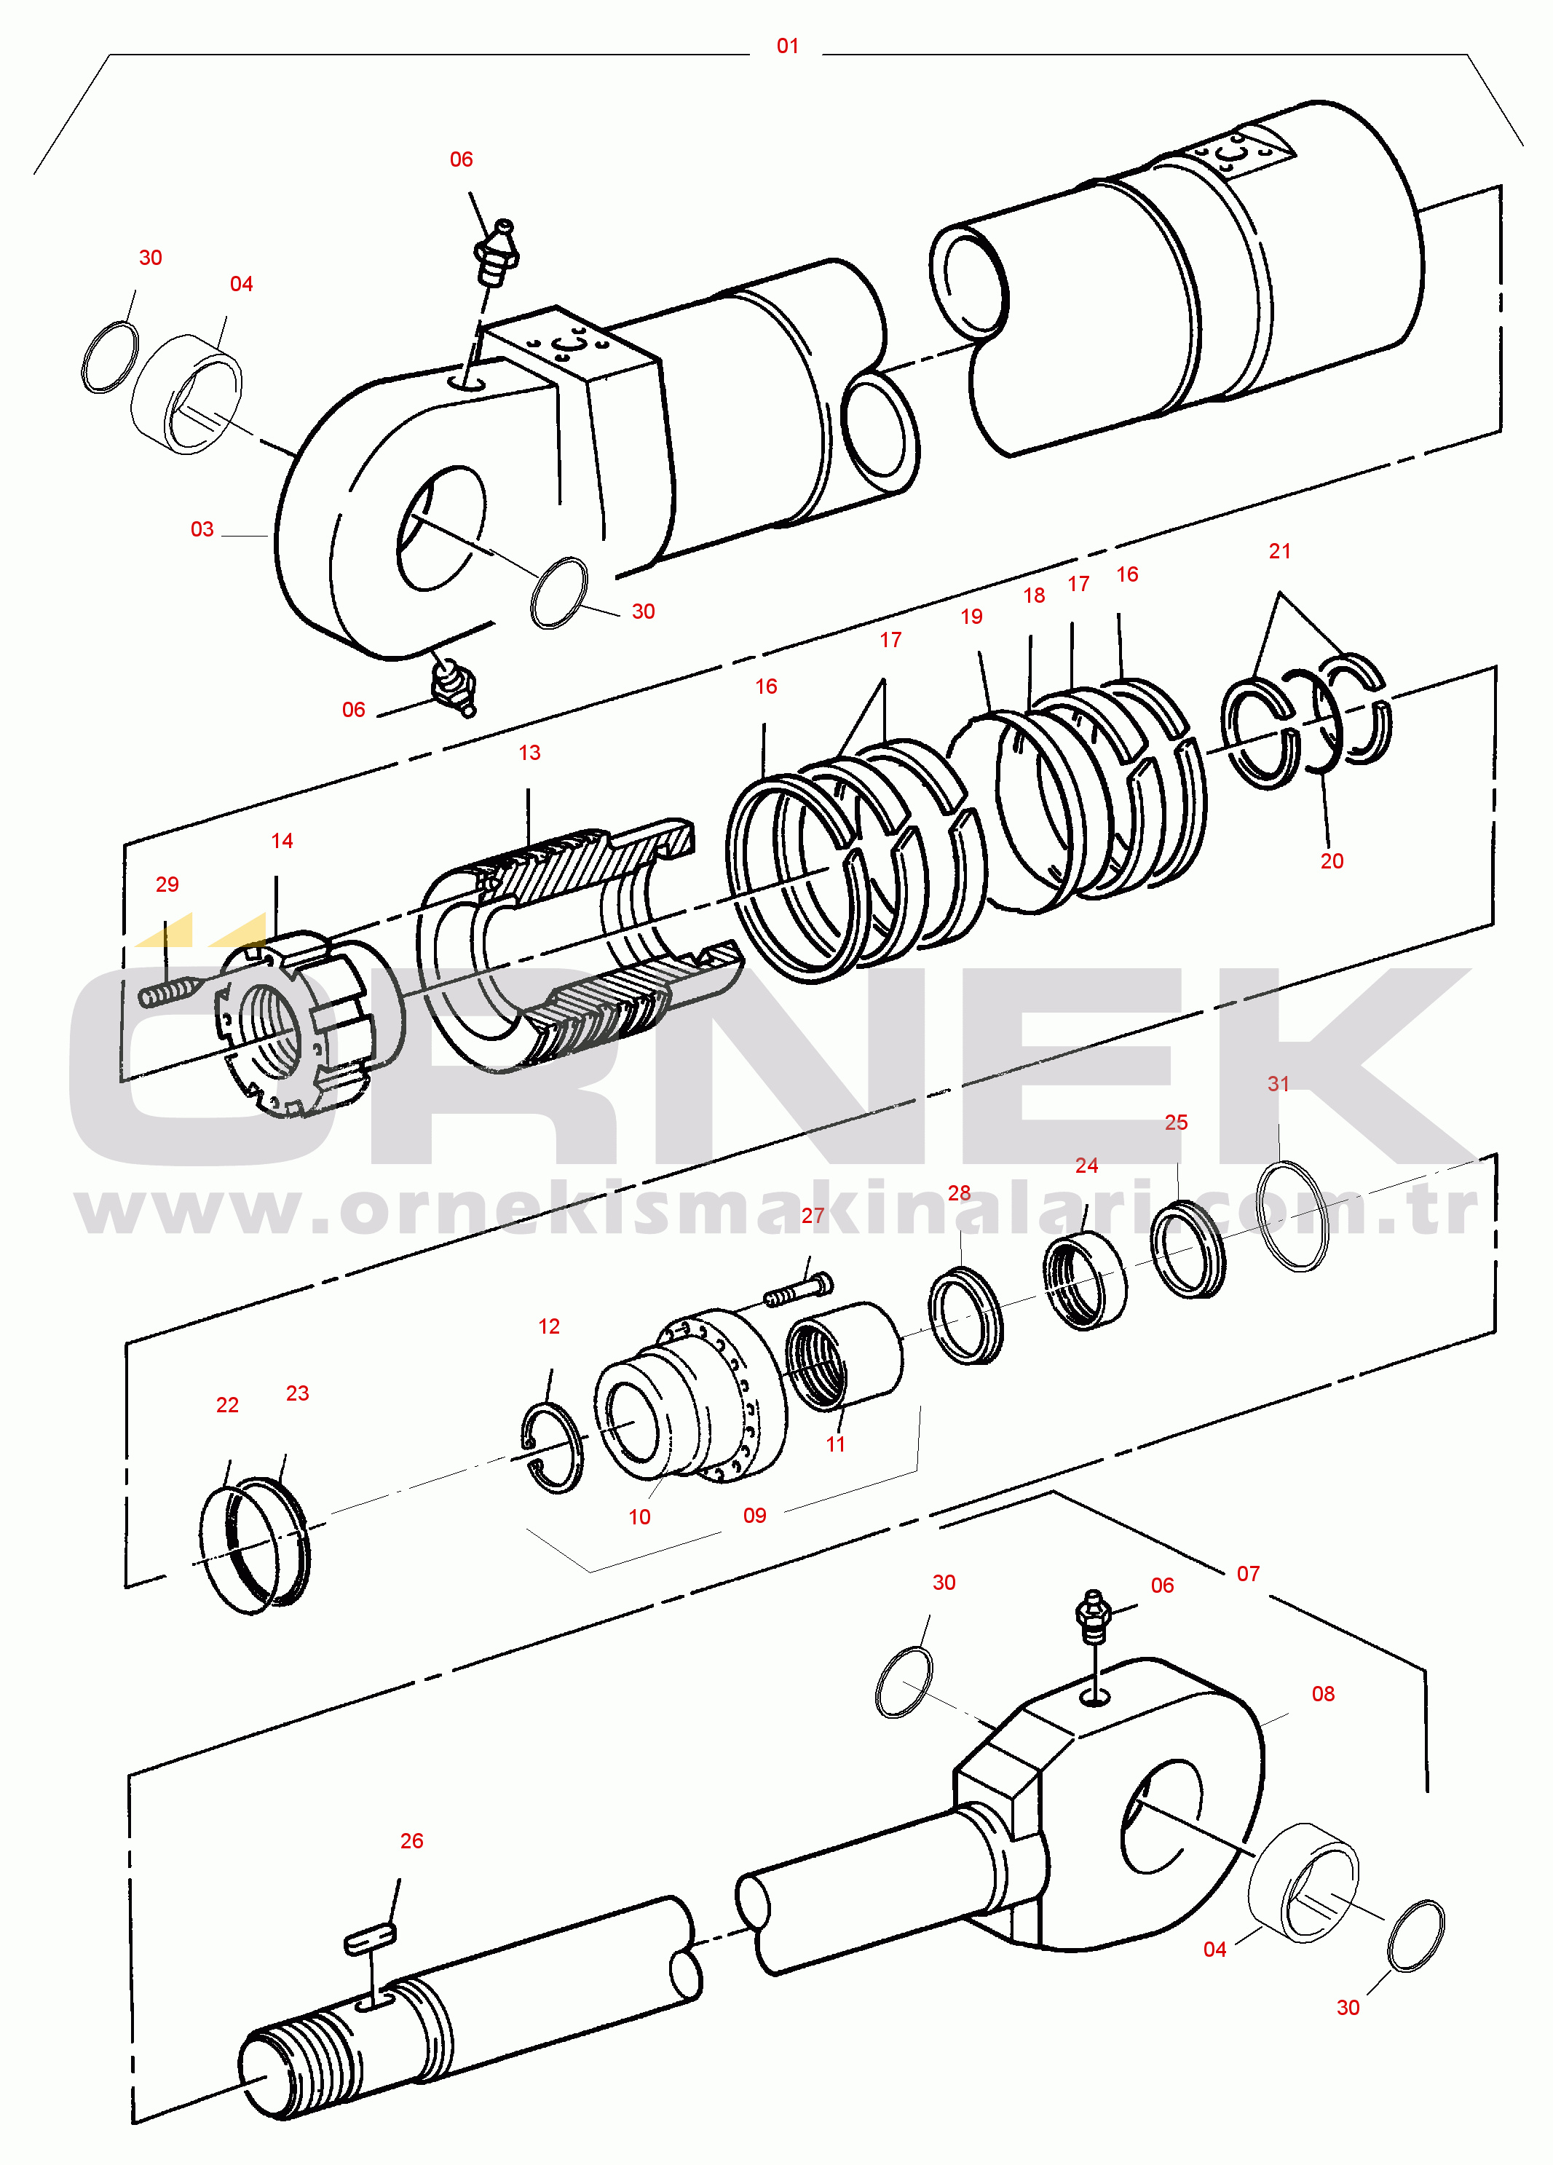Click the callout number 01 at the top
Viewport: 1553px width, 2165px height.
(788, 46)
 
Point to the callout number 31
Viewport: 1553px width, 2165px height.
(1278, 1083)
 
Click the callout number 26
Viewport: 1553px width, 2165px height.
(411, 1840)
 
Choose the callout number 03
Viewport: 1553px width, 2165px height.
(202, 529)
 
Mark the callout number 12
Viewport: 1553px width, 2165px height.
(549, 1326)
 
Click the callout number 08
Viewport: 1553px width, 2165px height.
(1322, 1693)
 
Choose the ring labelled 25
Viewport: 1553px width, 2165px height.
(1188, 1248)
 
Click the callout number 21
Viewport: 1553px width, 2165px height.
(1279, 551)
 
